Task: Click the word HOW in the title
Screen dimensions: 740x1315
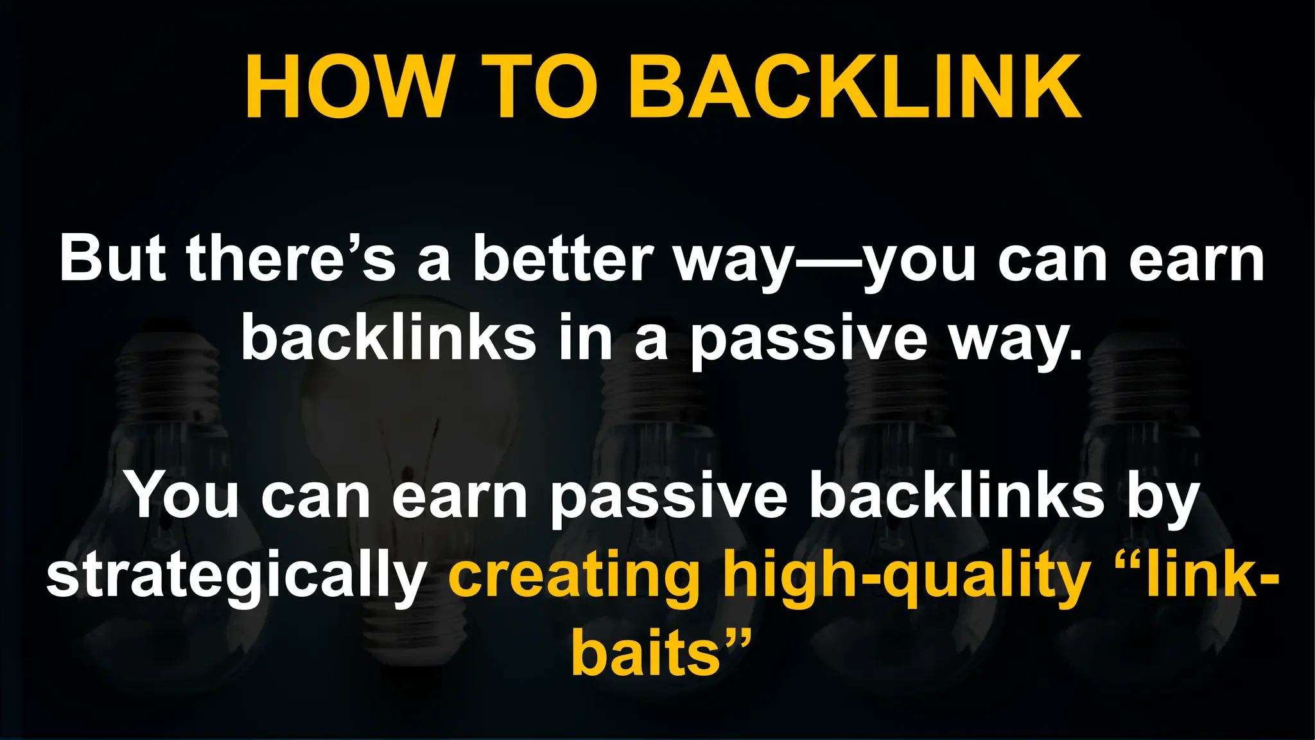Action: pos(347,87)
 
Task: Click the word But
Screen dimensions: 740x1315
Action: pos(112,260)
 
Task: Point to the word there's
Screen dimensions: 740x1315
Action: pos(291,260)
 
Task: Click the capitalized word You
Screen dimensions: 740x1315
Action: pos(183,496)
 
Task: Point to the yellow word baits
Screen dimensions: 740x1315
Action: pos(645,654)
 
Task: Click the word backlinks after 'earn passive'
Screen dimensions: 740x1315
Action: pos(955,496)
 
